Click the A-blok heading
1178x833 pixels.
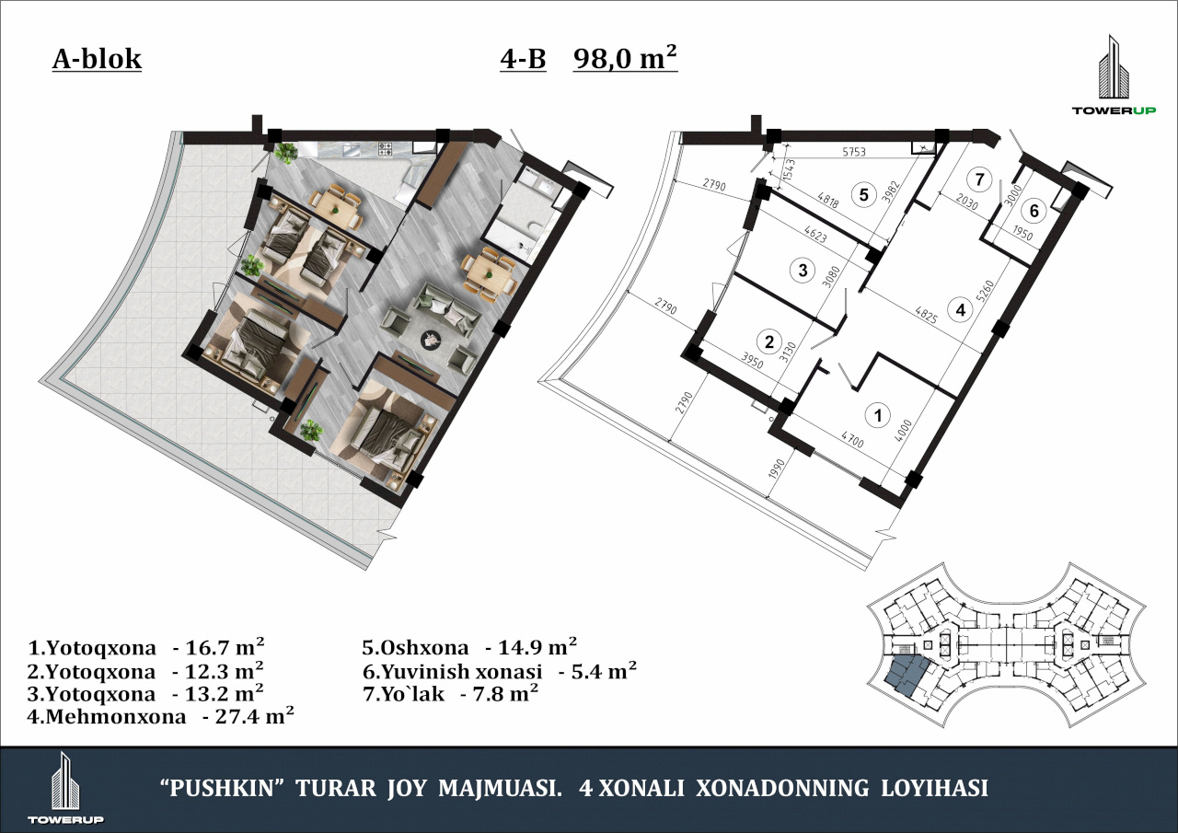click(97, 59)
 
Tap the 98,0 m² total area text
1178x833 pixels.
click(625, 57)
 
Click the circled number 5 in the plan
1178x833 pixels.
click(863, 195)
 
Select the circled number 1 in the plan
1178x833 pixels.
click(877, 416)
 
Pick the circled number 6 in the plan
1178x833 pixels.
click(1034, 211)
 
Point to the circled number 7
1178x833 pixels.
click(978, 179)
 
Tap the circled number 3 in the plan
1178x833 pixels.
click(803, 271)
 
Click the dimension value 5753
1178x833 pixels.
click(853, 152)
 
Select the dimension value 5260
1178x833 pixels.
click(987, 292)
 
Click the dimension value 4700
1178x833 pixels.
click(852, 439)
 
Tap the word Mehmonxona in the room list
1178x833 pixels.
click(116, 717)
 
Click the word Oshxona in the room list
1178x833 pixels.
click(424, 647)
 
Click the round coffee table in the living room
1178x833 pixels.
click(432, 340)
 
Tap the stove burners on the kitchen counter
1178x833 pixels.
click(385, 149)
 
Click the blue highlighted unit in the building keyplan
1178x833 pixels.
click(907, 676)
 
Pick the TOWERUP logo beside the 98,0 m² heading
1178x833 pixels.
click(1114, 82)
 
